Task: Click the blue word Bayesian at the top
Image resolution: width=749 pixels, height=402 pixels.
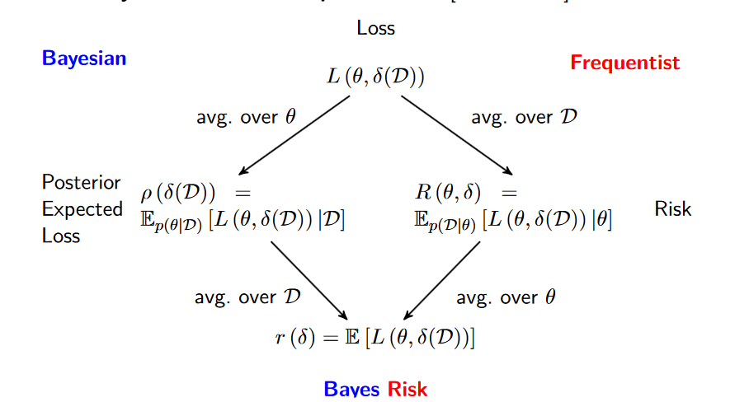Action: [84, 58]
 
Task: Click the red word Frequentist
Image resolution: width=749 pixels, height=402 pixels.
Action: [624, 63]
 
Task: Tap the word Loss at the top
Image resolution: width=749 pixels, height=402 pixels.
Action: [375, 28]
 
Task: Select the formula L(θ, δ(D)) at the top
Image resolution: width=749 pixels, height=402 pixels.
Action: [375, 77]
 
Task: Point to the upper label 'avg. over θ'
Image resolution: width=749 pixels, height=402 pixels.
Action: [245, 117]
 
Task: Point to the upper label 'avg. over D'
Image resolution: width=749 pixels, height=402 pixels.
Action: [524, 117]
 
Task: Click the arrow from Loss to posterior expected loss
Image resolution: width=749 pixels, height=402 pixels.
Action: [293, 135]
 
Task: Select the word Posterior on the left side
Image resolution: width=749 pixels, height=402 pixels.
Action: [81, 182]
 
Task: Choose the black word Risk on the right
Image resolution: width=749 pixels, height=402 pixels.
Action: [672, 208]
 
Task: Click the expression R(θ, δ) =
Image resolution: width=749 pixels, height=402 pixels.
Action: [465, 194]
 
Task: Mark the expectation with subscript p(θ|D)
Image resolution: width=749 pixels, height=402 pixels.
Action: [243, 221]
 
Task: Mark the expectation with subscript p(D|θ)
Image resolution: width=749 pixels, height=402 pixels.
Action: [513, 221]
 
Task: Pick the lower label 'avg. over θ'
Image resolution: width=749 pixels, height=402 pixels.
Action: [506, 297]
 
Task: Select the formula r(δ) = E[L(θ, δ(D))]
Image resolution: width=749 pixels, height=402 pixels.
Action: [374, 337]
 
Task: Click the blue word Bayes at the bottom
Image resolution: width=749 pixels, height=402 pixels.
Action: [352, 389]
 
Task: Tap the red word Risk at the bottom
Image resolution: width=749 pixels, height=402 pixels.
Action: [407, 389]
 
